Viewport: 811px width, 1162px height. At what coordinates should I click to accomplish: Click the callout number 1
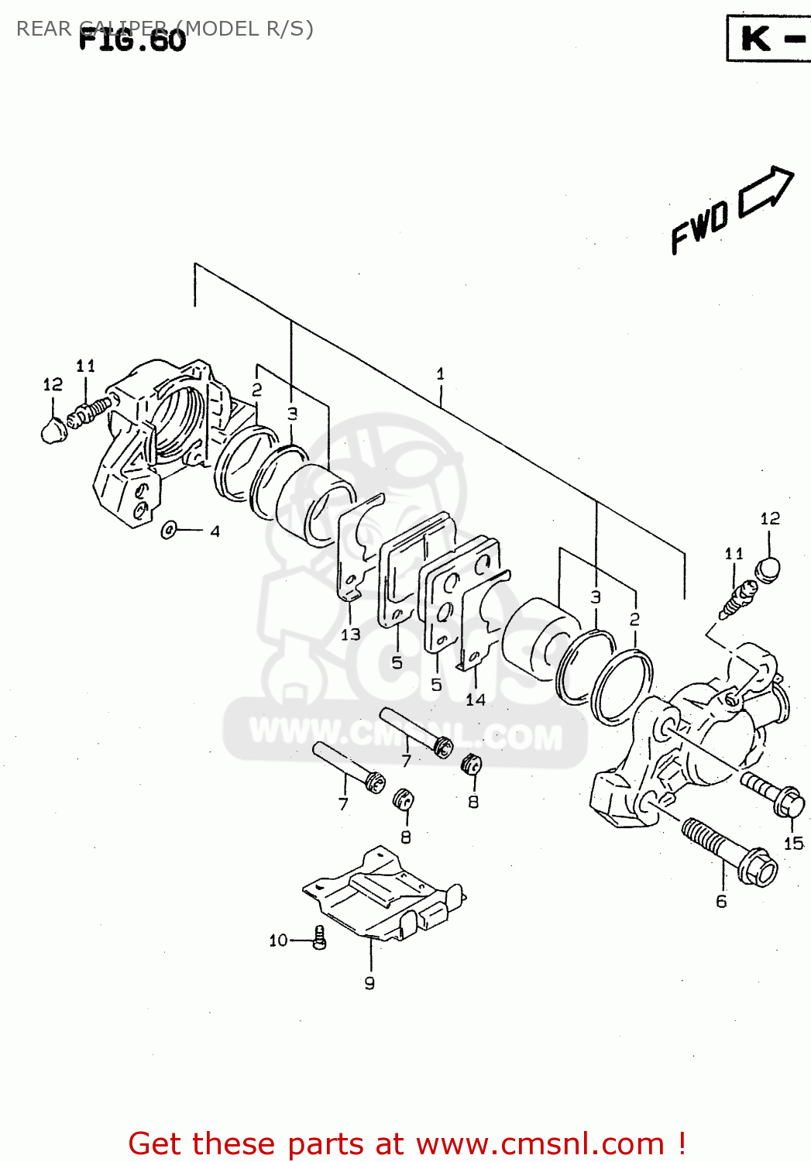click(x=440, y=373)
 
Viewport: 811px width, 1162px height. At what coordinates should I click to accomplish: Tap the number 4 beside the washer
click(x=215, y=531)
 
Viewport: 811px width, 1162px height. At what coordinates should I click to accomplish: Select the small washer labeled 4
click(x=169, y=531)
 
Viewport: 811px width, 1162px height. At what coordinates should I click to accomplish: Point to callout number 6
click(x=721, y=901)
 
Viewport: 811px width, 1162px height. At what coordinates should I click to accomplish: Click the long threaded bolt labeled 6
click(x=728, y=851)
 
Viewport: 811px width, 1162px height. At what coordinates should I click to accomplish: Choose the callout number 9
click(x=369, y=983)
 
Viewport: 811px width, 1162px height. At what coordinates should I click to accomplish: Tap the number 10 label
click(x=278, y=940)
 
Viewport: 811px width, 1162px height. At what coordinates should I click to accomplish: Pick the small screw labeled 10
click(x=319, y=938)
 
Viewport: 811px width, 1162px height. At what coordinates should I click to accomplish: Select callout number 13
click(x=350, y=634)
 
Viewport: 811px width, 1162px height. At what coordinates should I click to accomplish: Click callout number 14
click(x=475, y=700)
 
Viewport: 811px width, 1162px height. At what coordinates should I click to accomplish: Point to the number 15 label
click(x=793, y=844)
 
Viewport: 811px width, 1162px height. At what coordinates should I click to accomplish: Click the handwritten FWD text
click(x=699, y=226)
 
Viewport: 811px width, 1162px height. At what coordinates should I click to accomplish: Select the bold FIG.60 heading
click(x=132, y=40)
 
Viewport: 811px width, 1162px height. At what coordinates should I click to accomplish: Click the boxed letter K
click(x=756, y=38)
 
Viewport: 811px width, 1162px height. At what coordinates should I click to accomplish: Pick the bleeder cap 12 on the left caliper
click(x=53, y=430)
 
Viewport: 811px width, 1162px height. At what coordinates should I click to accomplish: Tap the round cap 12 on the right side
click(x=768, y=569)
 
